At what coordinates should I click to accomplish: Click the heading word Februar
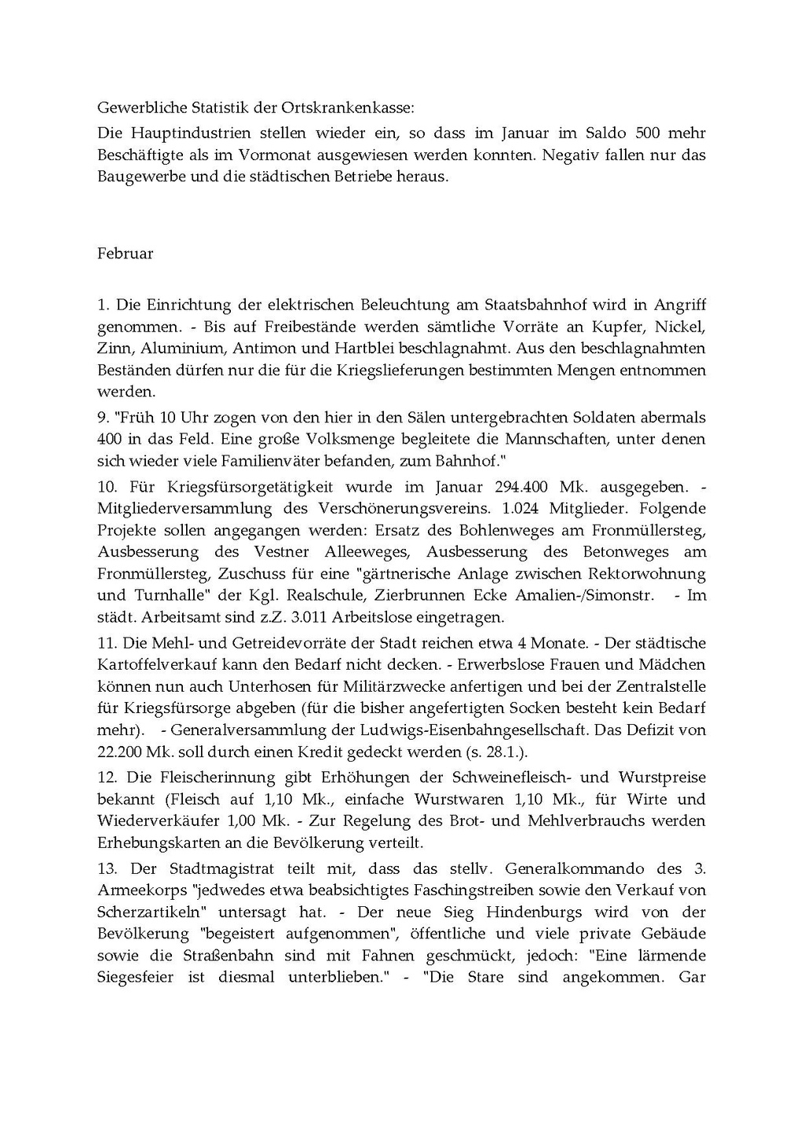(x=125, y=254)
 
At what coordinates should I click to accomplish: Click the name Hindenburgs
(x=539, y=912)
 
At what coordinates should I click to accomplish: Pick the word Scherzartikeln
(x=148, y=912)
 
